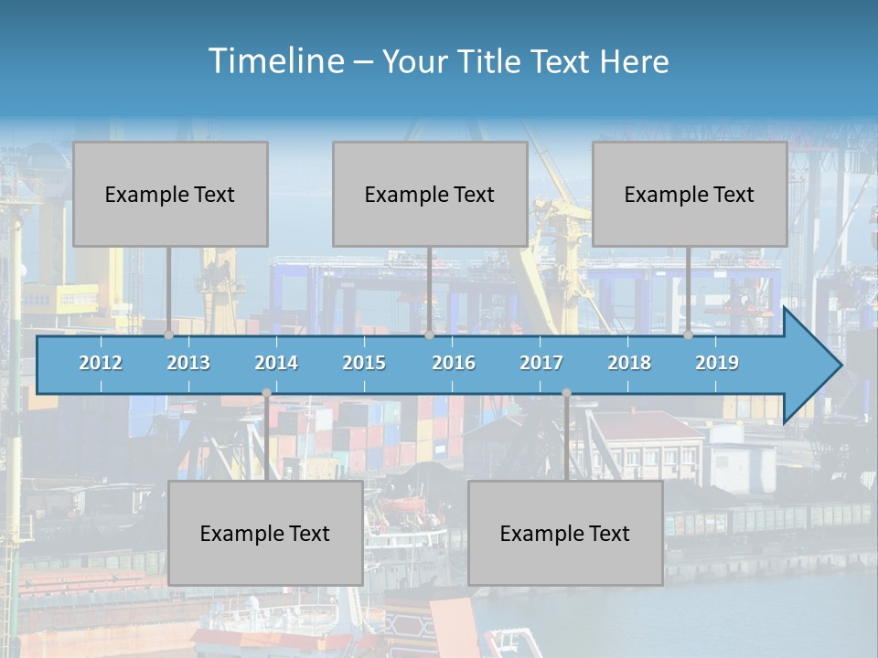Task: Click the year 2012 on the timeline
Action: tap(101, 363)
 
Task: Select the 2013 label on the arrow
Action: tap(188, 363)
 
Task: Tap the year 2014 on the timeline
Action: tap(276, 363)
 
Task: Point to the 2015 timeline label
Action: tap(364, 363)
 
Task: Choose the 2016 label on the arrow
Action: tap(454, 363)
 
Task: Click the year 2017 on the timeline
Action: tap(541, 363)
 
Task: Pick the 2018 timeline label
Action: tap(629, 363)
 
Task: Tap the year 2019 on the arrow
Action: tap(717, 363)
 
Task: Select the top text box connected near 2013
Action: tap(170, 194)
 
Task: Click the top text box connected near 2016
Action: tap(430, 194)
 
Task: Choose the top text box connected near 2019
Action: tap(690, 194)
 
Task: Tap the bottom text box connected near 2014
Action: tap(265, 533)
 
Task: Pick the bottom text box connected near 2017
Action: tap(565, 533)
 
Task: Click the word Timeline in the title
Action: tap(274, 61)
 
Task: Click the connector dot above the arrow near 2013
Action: tap(169, 334)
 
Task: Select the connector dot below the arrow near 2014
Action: tap(266, 393)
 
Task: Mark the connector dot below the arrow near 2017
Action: tap(566, 393)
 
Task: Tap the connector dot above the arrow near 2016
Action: tap(429, 334)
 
